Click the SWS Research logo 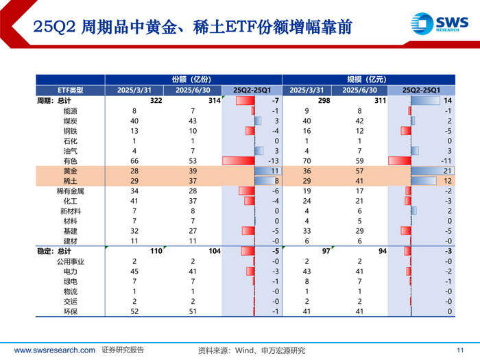pyautogui.click(x=440, y=23)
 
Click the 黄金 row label pyautogui.click(x=71, y=171)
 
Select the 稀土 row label pyautogui.click(x=71, y=181)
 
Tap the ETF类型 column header pyautogui.click(x=71, y=91)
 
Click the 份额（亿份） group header pyautogui.click(x=191, y=80)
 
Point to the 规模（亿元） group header pyautogui.click(x=367, y=80)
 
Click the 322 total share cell pyautogui.click(x=156, y=100)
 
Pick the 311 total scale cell pyautogui.click(x=380, y=100)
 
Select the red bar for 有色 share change pyautogui.click(x=239, y=161)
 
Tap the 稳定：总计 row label pyautogui.click(x=54, y=252)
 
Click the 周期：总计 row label pyautogui.click(x=54, y=101)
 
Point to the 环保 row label pyautogui.click(x=71, y=311)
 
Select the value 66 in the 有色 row pyautogui.click(x=134, y=161)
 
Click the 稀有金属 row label pyautogui.click(x=71, y=191)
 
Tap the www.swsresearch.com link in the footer pyautogui.click(x=54, y=350)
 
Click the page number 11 pyautogui.click(x=460, y=350)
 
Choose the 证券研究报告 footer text pyautogui.click(x=123, y=350)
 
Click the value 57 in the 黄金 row pyautogui.click(x=360, y=171)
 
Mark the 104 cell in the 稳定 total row pyautogui.click(x=215, y=252)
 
